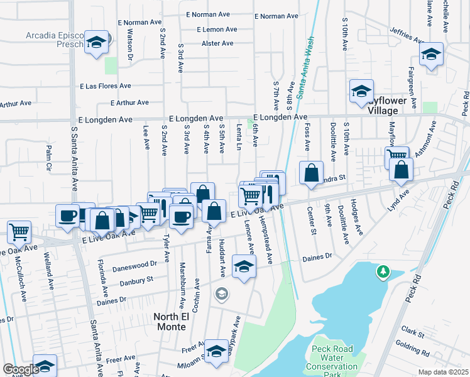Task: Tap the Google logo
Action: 21,369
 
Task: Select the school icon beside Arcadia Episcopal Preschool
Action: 96,43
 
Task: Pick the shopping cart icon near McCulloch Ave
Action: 19,232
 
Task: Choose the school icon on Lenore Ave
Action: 244,266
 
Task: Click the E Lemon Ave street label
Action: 217,29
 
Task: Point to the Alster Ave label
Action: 217,43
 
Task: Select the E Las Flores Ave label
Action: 106,86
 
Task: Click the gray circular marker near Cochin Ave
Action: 221,293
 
